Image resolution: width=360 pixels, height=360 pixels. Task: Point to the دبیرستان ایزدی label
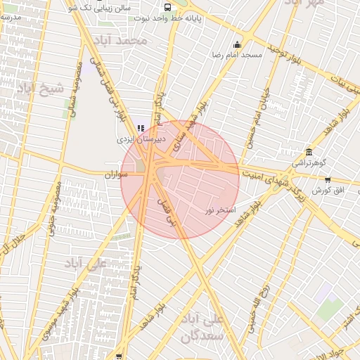point(139,139)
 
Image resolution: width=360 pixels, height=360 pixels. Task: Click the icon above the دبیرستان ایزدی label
point(141,129)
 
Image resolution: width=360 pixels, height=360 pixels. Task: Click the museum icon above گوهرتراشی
point(309,153)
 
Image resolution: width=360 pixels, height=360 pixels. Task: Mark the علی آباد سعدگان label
point(202,327)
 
